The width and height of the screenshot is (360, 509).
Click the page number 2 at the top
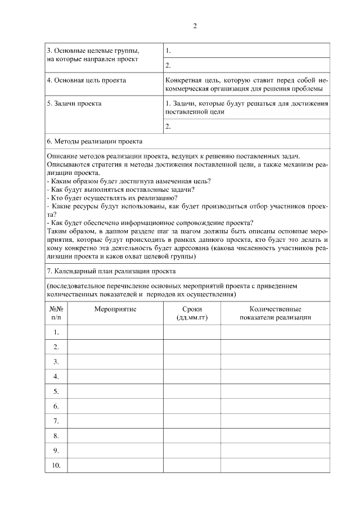pyautogui.click(x=195, y=26)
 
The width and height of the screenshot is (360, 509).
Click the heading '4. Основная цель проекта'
pyautogui.click(x=86, y=80)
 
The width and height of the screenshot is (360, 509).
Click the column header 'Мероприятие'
pyautogui.click(x=115, y=309)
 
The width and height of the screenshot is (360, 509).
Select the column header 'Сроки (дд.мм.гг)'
pyautogui.click(x=192, y=313)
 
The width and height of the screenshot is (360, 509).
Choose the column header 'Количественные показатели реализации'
pyautogui.click(x=275, y=313)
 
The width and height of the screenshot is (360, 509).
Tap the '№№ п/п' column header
pyautogui.click(x=56, y=313)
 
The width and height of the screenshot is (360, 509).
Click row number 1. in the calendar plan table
pyautogui.click(x=56, y=332)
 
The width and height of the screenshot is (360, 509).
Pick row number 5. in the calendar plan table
pyautogui.click(x=56, y=391)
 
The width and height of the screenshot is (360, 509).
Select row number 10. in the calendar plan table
pyautogui.click(x=56, y=465)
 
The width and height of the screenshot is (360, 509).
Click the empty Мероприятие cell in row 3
pyautogui.click(x=115, y=361)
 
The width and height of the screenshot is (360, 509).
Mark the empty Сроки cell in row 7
pyautogui.click(x=192, y=421)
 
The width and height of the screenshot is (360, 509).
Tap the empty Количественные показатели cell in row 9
pyautogui.click(x=275, y=450)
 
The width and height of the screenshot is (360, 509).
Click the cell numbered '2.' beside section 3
pyautogui.click(x=168, y=65)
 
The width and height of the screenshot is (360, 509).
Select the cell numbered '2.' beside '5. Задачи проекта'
pyautogui.click(x=168, y=127)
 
